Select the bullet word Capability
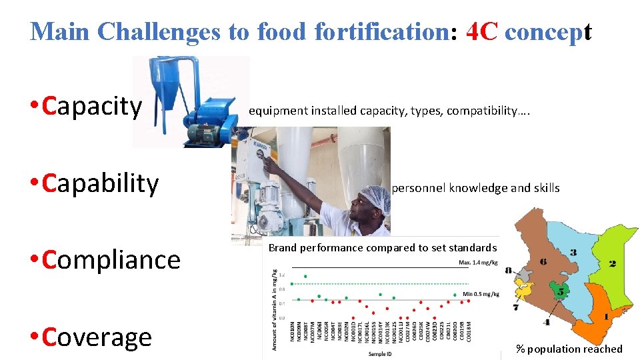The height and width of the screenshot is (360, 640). tap(100, 183)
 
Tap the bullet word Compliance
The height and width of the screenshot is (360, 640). tap(111, 259)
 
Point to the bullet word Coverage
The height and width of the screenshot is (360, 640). tap(97, 337)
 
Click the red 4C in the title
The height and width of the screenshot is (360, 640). tap(481, 31)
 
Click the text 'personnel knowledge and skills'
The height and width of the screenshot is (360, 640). tap(475, 188)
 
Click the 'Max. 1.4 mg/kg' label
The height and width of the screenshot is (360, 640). tap(478, 263)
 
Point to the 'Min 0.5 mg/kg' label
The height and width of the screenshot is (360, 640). tap(480, 294)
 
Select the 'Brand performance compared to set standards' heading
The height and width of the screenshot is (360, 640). tap(383, 247)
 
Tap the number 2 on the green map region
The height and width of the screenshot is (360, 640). tap(612, 264)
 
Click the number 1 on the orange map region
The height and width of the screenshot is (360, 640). tap(605, 317)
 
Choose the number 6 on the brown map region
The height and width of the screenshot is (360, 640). tap(543, 262)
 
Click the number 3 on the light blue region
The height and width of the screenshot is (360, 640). tap(573, 253)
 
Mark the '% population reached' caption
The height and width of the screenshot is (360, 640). tap(569, 349)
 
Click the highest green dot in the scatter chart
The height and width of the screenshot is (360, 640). tap(305, 276)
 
